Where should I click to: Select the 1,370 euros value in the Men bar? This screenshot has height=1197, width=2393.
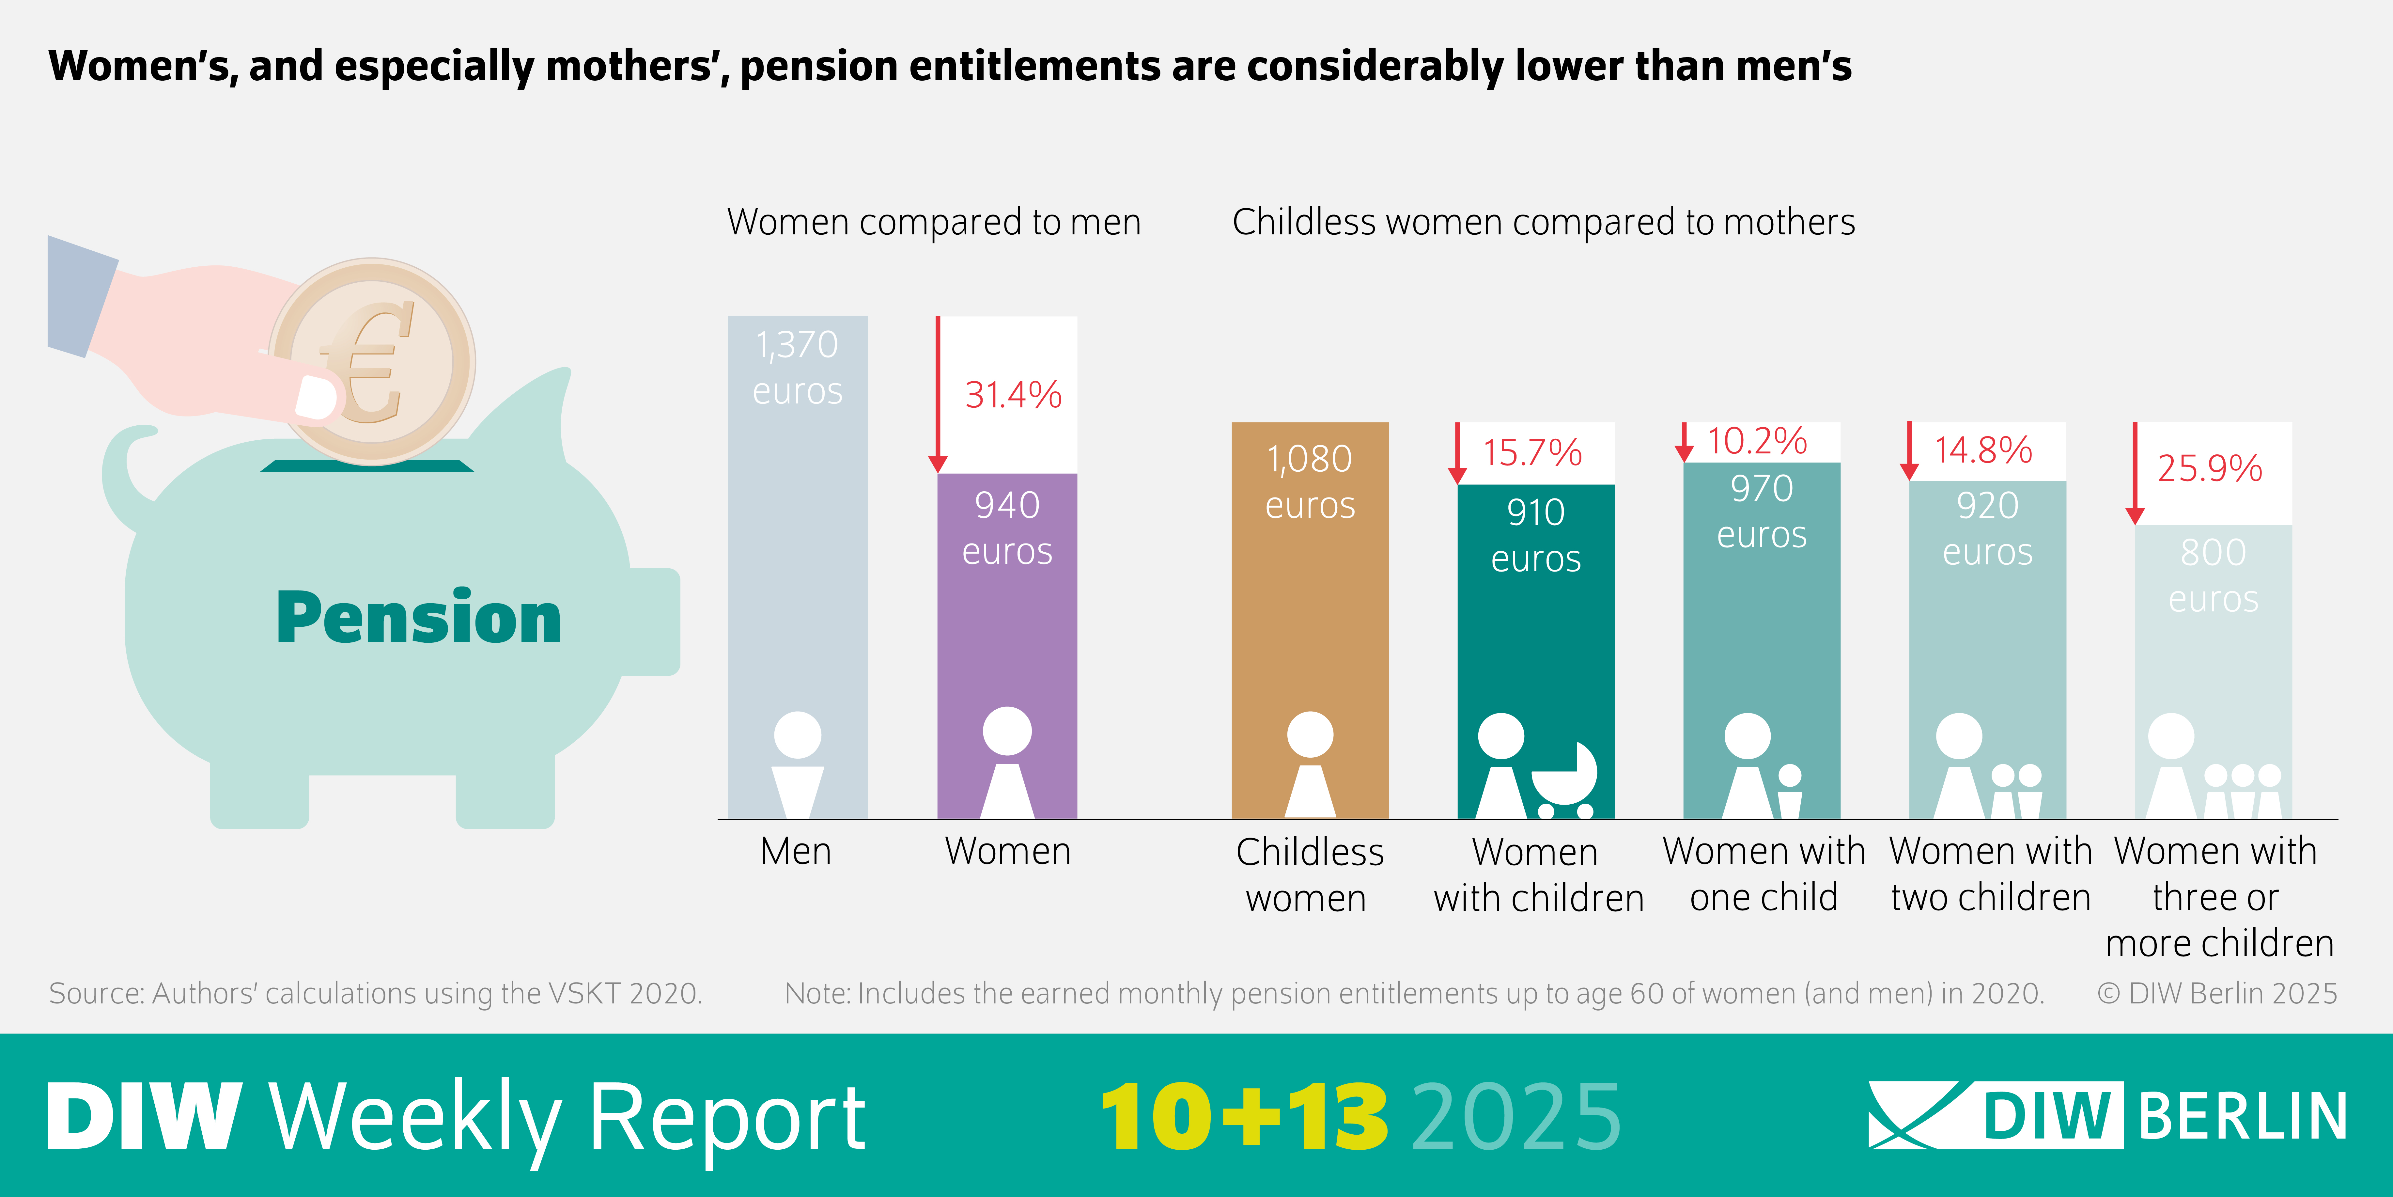797,368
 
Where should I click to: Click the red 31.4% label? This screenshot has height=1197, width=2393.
1013,395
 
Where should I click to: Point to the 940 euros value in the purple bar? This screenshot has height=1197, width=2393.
1007,528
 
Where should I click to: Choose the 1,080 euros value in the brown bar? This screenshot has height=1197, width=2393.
1310,481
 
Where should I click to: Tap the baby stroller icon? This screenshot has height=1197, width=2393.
1564,781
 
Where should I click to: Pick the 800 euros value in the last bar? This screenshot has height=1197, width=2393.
2213,575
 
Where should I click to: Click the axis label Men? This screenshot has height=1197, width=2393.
796,851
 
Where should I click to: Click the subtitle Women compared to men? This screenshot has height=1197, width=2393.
934,222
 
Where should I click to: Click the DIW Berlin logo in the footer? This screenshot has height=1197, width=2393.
2107,1115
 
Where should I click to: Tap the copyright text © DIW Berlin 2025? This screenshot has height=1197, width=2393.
2216,993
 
